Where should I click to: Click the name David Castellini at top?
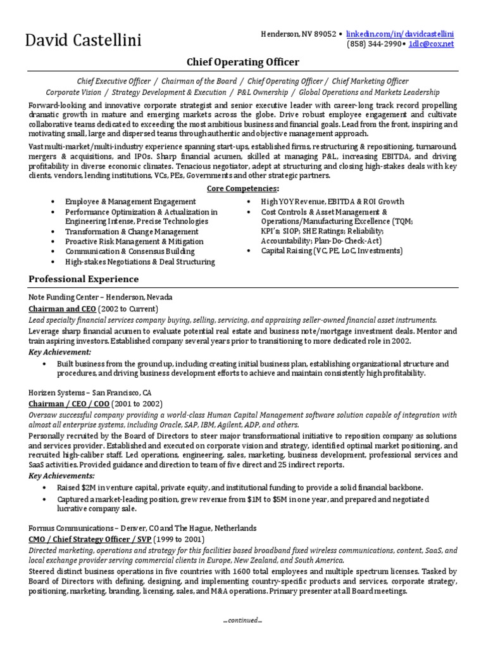[x=83, y=41]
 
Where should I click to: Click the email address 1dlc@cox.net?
[x=432, y=44]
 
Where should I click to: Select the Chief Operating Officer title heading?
[x=242, y=62]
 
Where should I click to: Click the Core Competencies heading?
[x=242, y=189]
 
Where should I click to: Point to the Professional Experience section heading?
[x=84, y=279]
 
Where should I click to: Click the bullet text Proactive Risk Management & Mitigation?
[x=134, y=241]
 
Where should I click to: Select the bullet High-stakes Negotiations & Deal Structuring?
[x=140, y=261]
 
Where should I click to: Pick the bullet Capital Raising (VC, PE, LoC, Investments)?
[x=332, y=251]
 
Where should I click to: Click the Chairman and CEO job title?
[x=62, y=309]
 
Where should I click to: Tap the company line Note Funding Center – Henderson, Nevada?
[x=100, y=297]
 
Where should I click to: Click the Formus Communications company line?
[x=142, y=528]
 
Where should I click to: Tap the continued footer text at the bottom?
[x=242, y=620]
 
